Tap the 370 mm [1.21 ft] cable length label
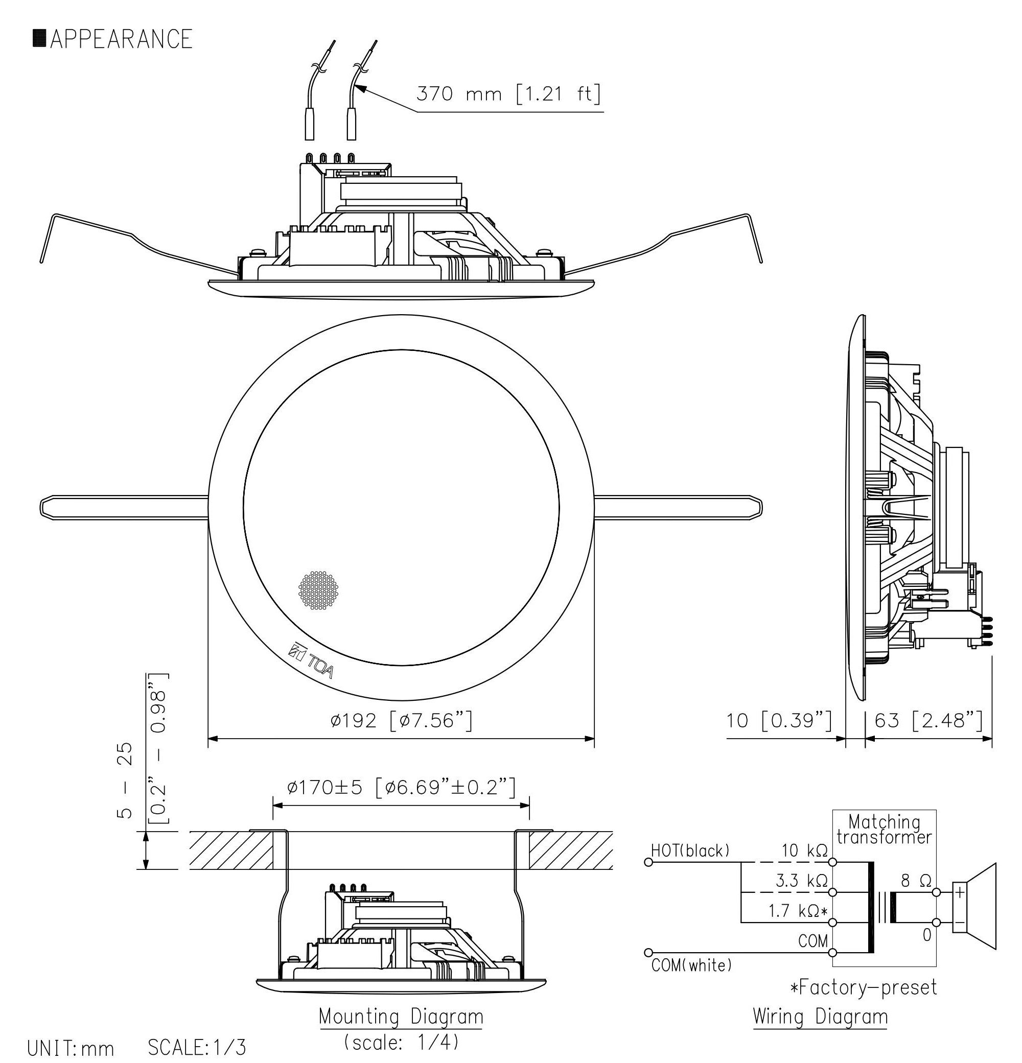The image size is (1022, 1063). pos(508,95)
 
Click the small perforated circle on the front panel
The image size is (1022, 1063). pos(318,590)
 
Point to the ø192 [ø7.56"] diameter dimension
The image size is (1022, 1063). pos(401,721)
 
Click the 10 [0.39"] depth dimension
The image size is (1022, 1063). pos(778,721)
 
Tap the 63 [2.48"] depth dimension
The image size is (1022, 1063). pos(928,721)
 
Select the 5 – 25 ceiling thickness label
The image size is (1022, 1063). pos(125,781)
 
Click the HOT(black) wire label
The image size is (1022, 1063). pos(690,851)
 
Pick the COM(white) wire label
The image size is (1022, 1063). pos(691,965)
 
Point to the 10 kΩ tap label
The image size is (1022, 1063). pos(804,851)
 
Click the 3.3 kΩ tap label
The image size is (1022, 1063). pos(801,881)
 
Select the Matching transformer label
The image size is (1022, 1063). pos(884,829)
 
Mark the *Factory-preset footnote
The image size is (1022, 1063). pos(864,987)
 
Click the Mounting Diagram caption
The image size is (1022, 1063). pos(401,1017)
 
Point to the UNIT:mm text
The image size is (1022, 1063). pos(71,1048)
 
